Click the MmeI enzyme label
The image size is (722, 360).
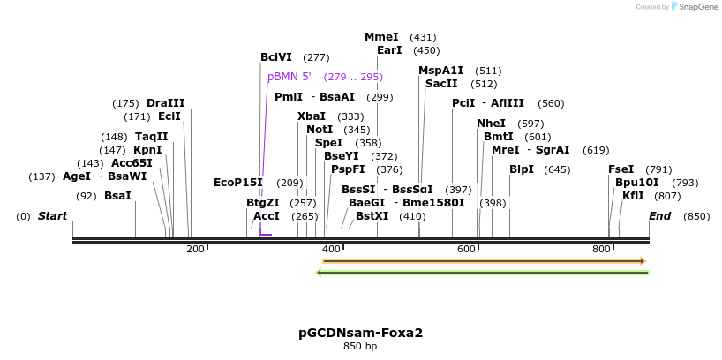coord(381,37)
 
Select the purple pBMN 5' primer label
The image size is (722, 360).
coord(290,77)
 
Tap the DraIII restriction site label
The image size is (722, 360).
coord(166,103)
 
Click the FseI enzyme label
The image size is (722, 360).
coord(620,169)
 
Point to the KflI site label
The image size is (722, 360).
coord(633,196)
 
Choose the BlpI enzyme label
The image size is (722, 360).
coord(522,169)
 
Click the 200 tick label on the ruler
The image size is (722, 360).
coord(195,250)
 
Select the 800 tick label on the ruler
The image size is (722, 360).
coord(601,250)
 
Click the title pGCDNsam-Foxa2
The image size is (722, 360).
coord(360,333)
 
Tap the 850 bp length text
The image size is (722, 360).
coord(360,346)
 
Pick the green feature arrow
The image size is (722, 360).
coord(482,272)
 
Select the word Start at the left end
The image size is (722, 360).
coord(52,216)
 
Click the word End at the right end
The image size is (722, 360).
coord(659,216)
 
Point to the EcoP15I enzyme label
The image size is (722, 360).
coord(238,183)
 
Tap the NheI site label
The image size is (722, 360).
coord(492,124)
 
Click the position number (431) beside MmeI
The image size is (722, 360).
coord(423,37)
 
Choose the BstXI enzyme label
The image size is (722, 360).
coord(372,216)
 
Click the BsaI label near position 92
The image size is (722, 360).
coord(117,196)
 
